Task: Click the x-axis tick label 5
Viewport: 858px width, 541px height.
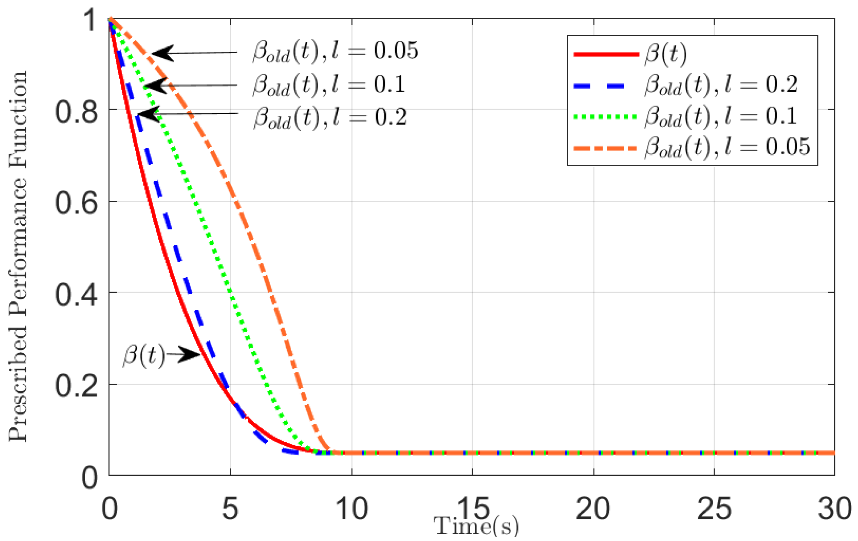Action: pyautogui.click(x=230, y=509)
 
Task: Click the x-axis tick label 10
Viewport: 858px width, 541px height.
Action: pyautogui.click(x=351, y=509)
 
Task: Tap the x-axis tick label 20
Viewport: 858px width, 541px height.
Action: pyautogui.click(x=593, y=509)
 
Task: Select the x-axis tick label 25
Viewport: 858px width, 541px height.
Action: pyautogui.click(x=714, y=509)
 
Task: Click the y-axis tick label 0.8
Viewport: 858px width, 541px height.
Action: pyautogui.click(x=77, y=112)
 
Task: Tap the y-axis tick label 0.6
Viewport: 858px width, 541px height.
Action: pyautogui.click(x=77, y=203)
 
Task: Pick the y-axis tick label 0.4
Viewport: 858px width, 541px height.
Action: pyautogui.click(x=77, y=295)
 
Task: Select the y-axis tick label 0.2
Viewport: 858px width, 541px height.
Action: pyautogui.click(x=77, y=386)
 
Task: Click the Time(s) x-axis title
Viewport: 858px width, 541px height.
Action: pyautogui.click(x=476, y=526)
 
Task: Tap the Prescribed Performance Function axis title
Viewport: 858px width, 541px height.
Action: pyautogui.click(x=18, y=257)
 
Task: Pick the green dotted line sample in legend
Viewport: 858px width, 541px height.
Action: pyautogui.click(x=606, y=117)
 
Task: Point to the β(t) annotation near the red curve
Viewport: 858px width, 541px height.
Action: pyautogui.click(x=144, y=355)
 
